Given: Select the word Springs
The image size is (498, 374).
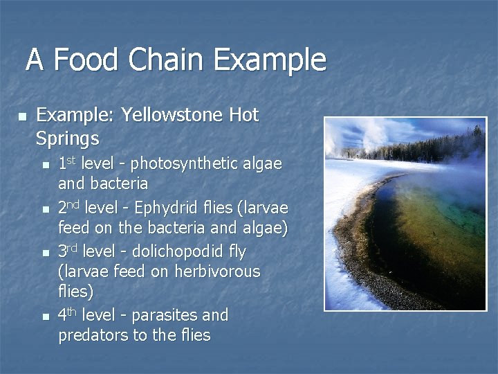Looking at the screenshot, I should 67,138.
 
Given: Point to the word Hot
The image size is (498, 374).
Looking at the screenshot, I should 244,115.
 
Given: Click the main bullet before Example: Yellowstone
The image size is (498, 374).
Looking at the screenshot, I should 21,116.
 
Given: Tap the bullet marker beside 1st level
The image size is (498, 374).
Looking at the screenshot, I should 46,166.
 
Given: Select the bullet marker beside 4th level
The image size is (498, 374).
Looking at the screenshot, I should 46,317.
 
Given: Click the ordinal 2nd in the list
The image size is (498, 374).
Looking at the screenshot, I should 67,208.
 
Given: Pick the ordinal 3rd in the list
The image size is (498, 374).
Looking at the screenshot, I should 67,251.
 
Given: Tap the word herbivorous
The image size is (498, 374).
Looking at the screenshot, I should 216,271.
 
